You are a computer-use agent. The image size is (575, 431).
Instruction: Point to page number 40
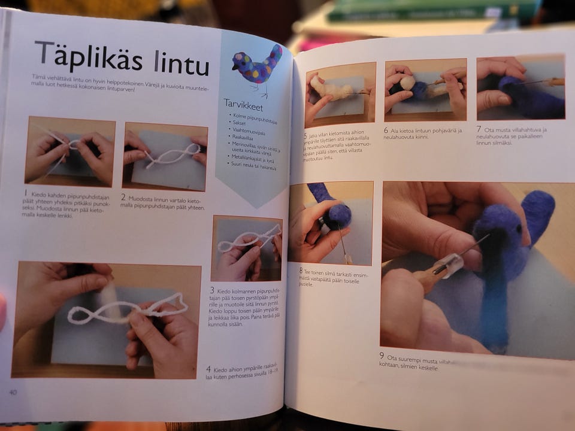[x=13, y=392]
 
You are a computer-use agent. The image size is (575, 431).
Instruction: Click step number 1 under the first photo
[x=26, y=193]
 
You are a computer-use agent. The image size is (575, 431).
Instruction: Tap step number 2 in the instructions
[x=123, y=196]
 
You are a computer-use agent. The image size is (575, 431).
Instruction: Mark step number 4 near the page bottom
[x=208, y=369]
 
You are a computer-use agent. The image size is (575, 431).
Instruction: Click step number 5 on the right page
[x=305, y=136]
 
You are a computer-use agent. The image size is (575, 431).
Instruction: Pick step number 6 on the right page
[x=386, y=130]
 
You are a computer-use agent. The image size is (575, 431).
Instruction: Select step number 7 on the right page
[x=479, y=128]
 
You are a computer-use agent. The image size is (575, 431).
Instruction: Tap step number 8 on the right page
[x=301, y=270]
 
